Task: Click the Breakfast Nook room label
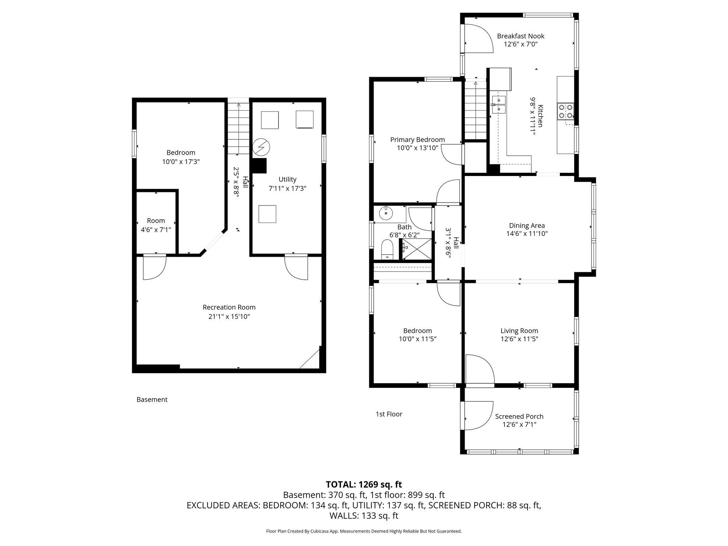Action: coord(520,36)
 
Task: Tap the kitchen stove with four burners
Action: coord(566,111)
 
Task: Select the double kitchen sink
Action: coord(499,104)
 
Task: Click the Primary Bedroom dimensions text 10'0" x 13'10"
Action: coord(417,148)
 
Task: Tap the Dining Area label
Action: coord(527,225)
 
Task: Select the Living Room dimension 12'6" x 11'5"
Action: coord(519,339)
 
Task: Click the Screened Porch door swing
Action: coord(478,416)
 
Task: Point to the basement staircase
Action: coord(238,128)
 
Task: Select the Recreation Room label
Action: coord(229,307)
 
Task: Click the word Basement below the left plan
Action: coord(152,400)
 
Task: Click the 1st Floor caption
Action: coord(389,414)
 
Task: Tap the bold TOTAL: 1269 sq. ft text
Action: coord(364,485)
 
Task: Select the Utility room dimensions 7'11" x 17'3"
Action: coord(287,188)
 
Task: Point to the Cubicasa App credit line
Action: coord(364,531)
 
